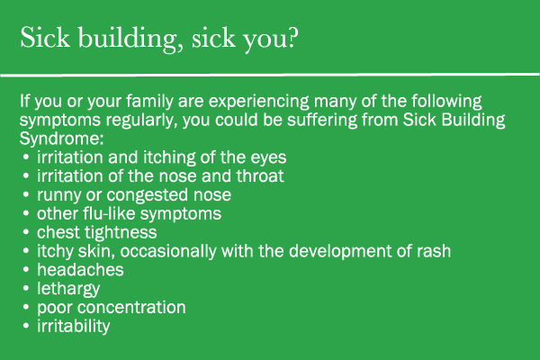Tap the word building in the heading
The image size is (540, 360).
point(128,39)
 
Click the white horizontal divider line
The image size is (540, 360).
point(270,75)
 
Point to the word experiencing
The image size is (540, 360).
point(259,102)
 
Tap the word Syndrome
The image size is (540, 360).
point(61,139)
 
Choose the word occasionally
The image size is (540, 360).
point(168,251)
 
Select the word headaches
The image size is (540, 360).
point(80,270)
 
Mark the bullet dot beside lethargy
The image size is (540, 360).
point(26,288)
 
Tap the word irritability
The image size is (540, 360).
point(74,327)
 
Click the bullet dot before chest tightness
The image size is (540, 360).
point(26,232)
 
